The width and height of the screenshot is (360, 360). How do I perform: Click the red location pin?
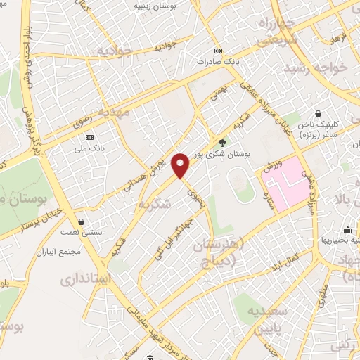click(x=181, y=165)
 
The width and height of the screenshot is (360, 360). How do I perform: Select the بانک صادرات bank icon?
click(x=218, y=51)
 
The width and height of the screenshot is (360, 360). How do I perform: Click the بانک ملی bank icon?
click(x=89, y=137)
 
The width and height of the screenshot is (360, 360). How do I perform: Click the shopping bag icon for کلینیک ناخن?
click(x=319, y=113)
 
